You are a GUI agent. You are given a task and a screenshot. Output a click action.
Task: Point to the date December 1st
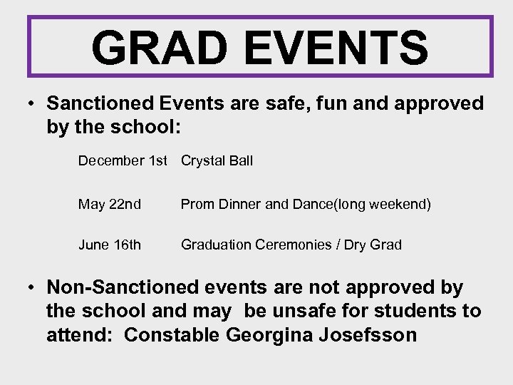pyautogui.click(x=123, y=161)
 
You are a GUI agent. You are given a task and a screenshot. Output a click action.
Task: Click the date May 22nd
pyautogui.click(x=110, y=205)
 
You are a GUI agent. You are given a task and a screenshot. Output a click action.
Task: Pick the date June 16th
pyautogui.click(x=110, y=245)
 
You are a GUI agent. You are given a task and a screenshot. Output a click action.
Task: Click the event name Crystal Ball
pyautogui.click(x=217, y=161)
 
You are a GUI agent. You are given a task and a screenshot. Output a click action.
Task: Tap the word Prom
pyautogui.click(x=196, y=205)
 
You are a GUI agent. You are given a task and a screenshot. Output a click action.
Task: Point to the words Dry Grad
pyautogui.click(x=373, y=245)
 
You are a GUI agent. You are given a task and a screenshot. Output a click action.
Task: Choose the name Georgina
pyautogui.click(x=270, y=335)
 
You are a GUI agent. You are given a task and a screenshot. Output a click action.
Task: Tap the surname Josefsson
pyautogui.click(x=371, y=335)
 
